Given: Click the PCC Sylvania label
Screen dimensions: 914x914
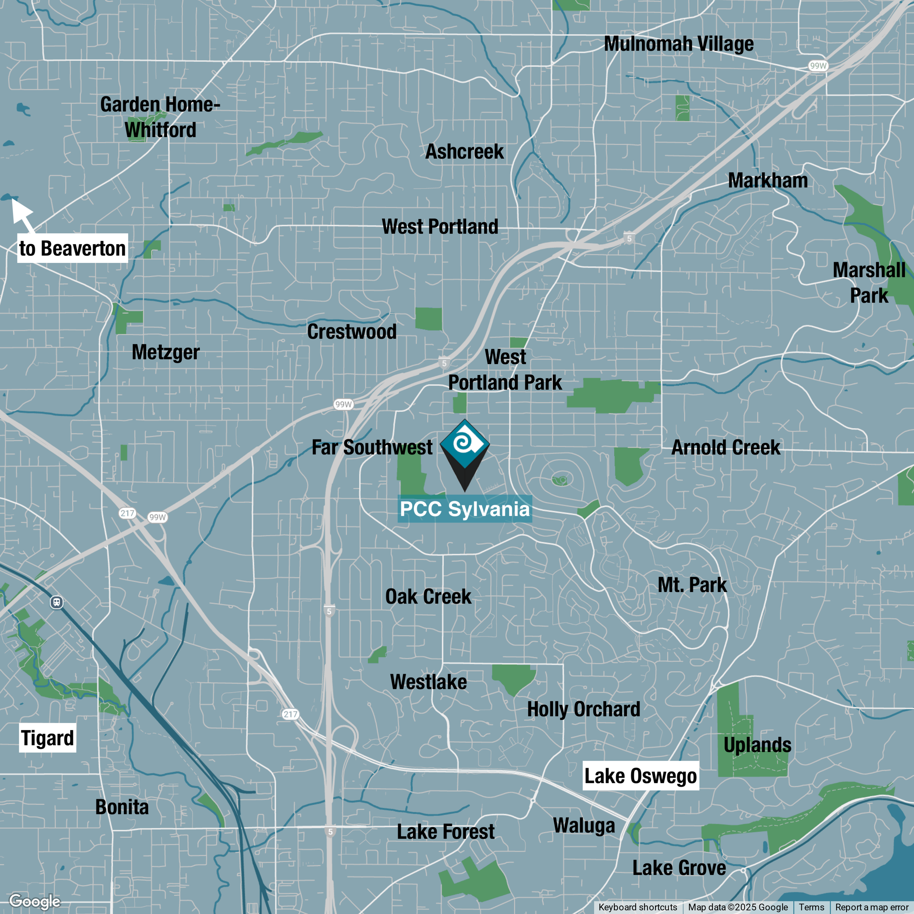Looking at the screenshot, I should point(465,509).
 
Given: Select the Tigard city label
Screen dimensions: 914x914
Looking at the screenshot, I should point(47,738).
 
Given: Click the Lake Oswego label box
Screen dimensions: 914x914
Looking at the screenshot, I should point(640,776).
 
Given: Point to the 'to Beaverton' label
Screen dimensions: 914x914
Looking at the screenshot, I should point(73,248).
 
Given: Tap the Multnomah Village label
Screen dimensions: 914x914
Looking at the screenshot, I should point(679,44).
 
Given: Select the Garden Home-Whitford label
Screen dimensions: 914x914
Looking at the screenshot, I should point(160,117).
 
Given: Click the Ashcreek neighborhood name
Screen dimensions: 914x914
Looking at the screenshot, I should point(465,152).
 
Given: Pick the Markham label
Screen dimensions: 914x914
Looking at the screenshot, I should point(768,181).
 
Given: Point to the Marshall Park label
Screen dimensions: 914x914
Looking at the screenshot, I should point(869,283).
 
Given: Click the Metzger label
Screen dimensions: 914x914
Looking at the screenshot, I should point(165,352).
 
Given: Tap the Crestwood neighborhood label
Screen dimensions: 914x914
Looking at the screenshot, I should point(352,332).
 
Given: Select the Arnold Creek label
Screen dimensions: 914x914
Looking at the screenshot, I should point(726,448).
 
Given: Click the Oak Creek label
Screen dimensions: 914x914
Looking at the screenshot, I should point(428,597).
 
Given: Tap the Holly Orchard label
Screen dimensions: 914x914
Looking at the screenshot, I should point(584,709).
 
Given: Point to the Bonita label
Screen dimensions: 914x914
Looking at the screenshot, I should point(122,807).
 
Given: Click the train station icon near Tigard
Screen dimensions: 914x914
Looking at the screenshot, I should point(57,602).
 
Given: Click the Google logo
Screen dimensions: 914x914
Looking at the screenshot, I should point(34,901).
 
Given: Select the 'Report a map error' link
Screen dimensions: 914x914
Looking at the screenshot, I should point(871,907).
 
